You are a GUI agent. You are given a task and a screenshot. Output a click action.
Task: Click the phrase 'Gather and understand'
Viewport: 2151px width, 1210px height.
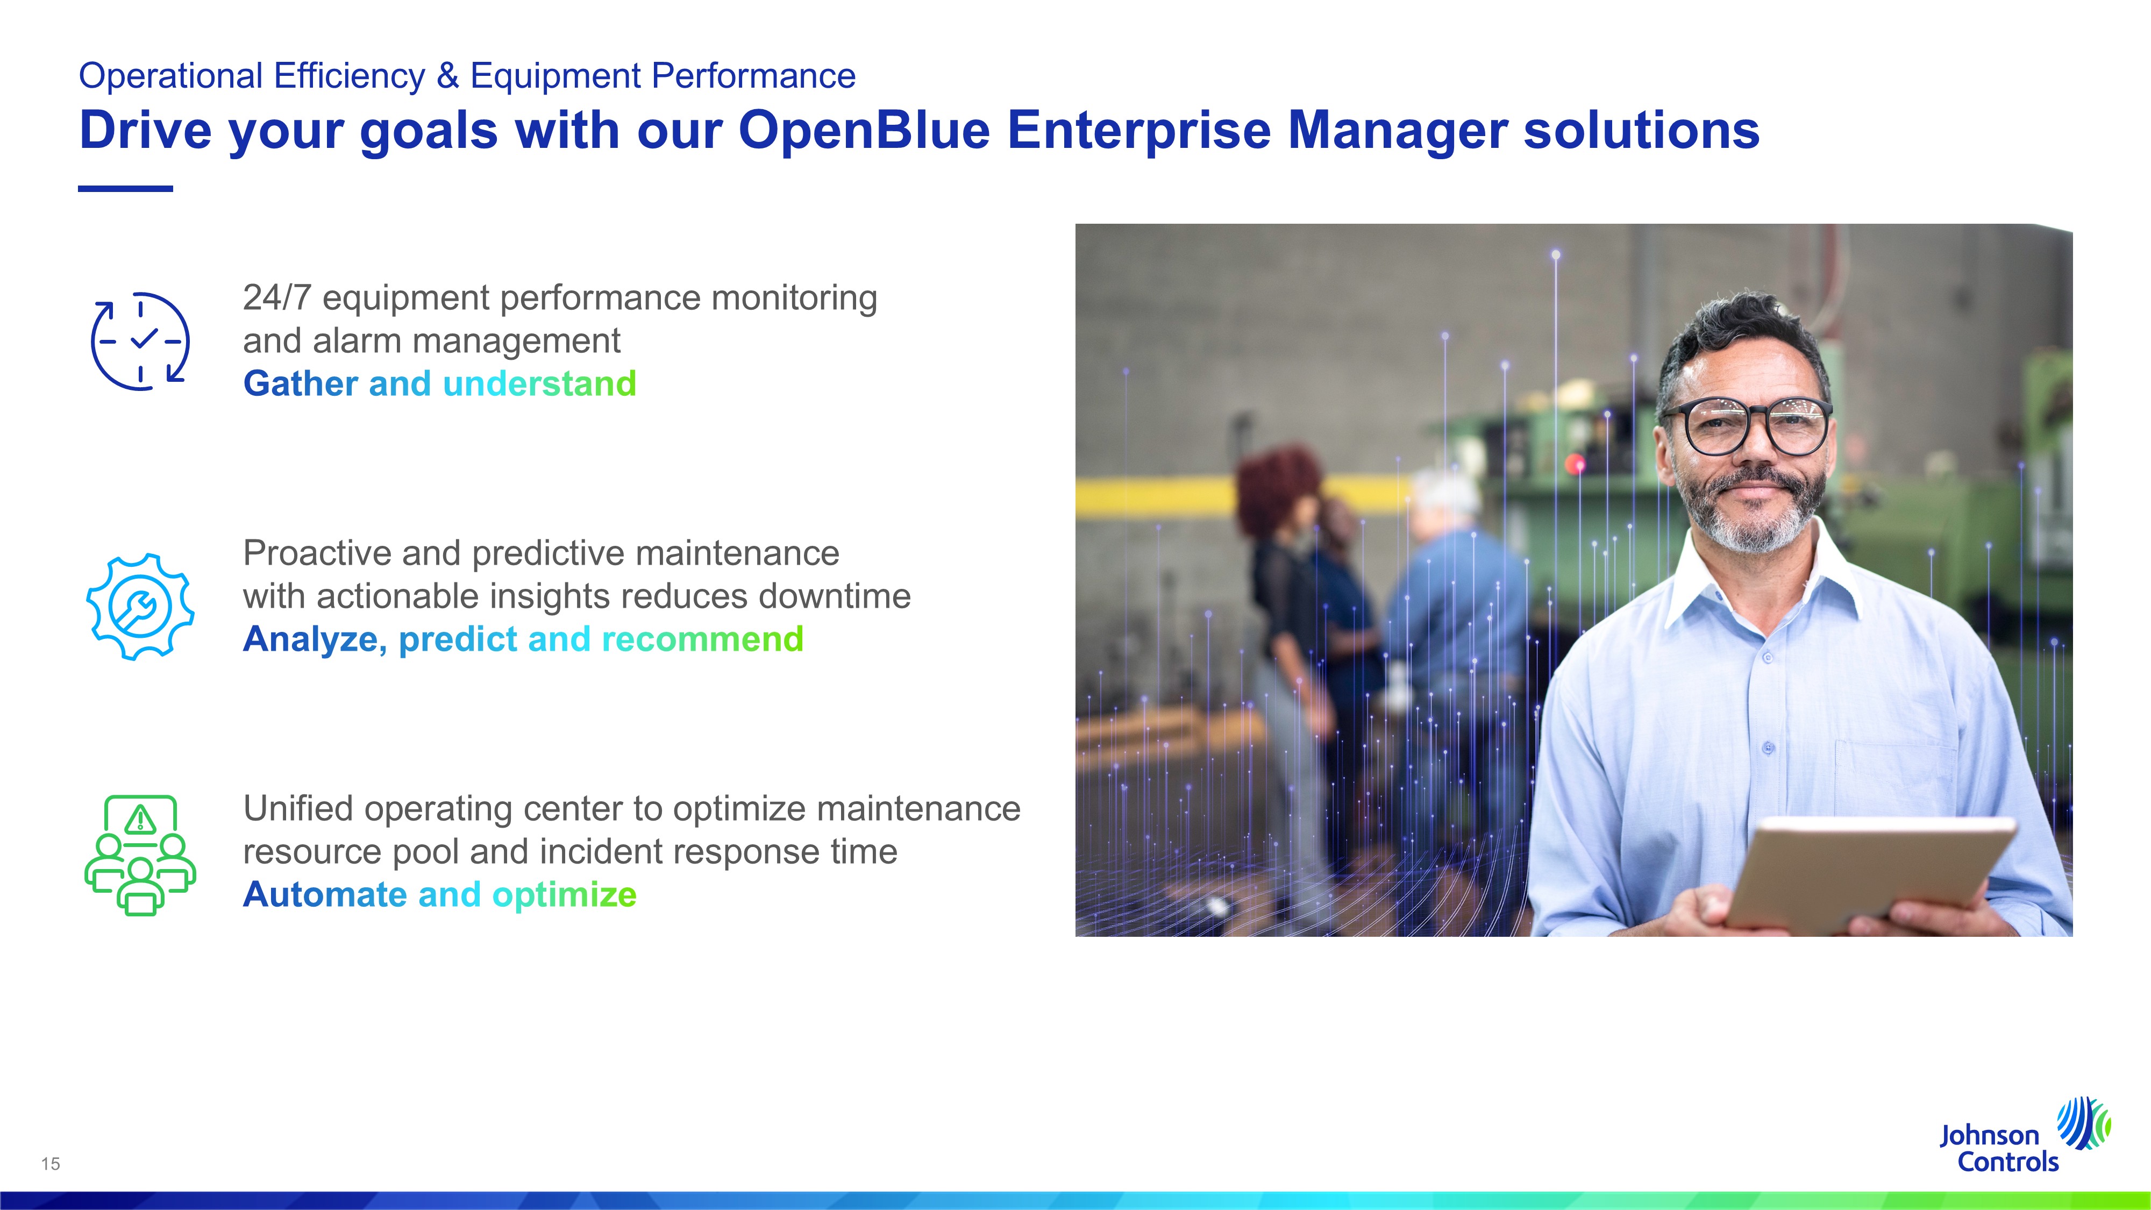(440, 384)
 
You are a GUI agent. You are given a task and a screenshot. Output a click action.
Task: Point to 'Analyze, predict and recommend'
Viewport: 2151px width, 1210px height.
(524, 639)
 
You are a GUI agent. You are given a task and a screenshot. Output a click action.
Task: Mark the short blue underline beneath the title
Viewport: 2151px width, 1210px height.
(125, 189)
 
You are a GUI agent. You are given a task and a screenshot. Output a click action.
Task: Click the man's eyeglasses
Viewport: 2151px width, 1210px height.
(1747, 424)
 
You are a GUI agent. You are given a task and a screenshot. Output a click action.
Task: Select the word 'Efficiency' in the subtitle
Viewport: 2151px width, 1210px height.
(349, 76)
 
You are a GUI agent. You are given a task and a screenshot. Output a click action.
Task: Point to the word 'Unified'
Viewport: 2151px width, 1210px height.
(297, 808)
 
